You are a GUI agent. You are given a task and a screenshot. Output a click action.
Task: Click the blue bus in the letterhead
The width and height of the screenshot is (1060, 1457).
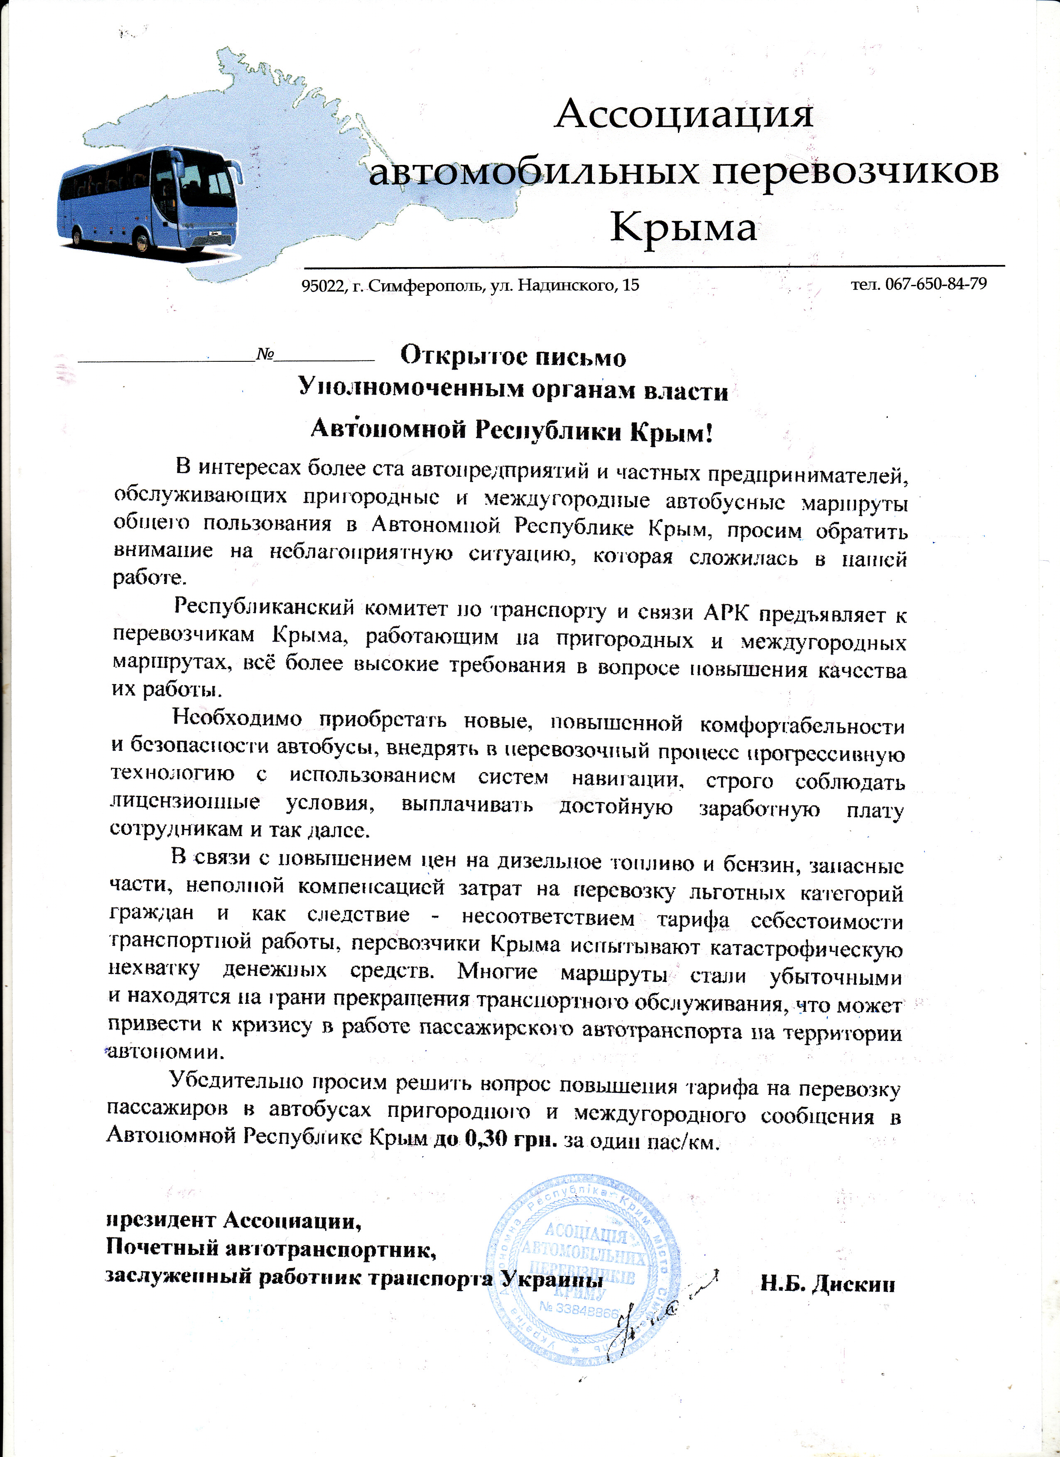(x=151, y=199)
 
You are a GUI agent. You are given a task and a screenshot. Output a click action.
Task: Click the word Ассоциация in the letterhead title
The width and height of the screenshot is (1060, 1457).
(x=684, y=114)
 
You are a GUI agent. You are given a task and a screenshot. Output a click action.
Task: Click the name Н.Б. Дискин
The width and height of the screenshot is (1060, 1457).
(x=827, y=1284)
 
